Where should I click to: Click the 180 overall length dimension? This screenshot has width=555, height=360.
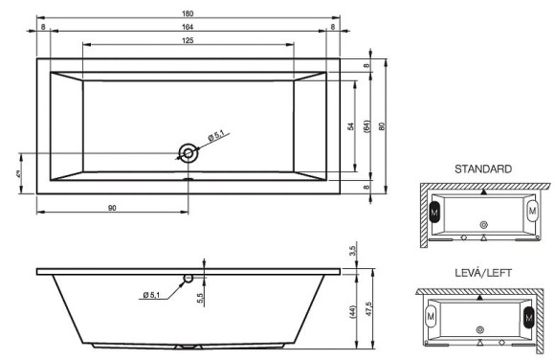(x=187, y=11)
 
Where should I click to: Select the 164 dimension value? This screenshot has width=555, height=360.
(x=187, y=27)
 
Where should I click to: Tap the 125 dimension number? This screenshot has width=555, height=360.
(x=187, y=39)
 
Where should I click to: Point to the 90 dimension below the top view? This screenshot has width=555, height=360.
(x=112, y=205)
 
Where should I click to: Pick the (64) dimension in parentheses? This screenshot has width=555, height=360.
(x=367, y=126)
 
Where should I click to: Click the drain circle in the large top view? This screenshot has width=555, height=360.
(x=188, y=152)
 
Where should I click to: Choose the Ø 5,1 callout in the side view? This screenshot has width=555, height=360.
(x=153, y=294)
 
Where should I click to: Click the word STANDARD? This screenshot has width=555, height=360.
(x=482, y=169)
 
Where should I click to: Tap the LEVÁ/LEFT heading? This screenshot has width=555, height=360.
(x=482, y=273)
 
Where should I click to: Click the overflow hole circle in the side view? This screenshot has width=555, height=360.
(x=188, y=278)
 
